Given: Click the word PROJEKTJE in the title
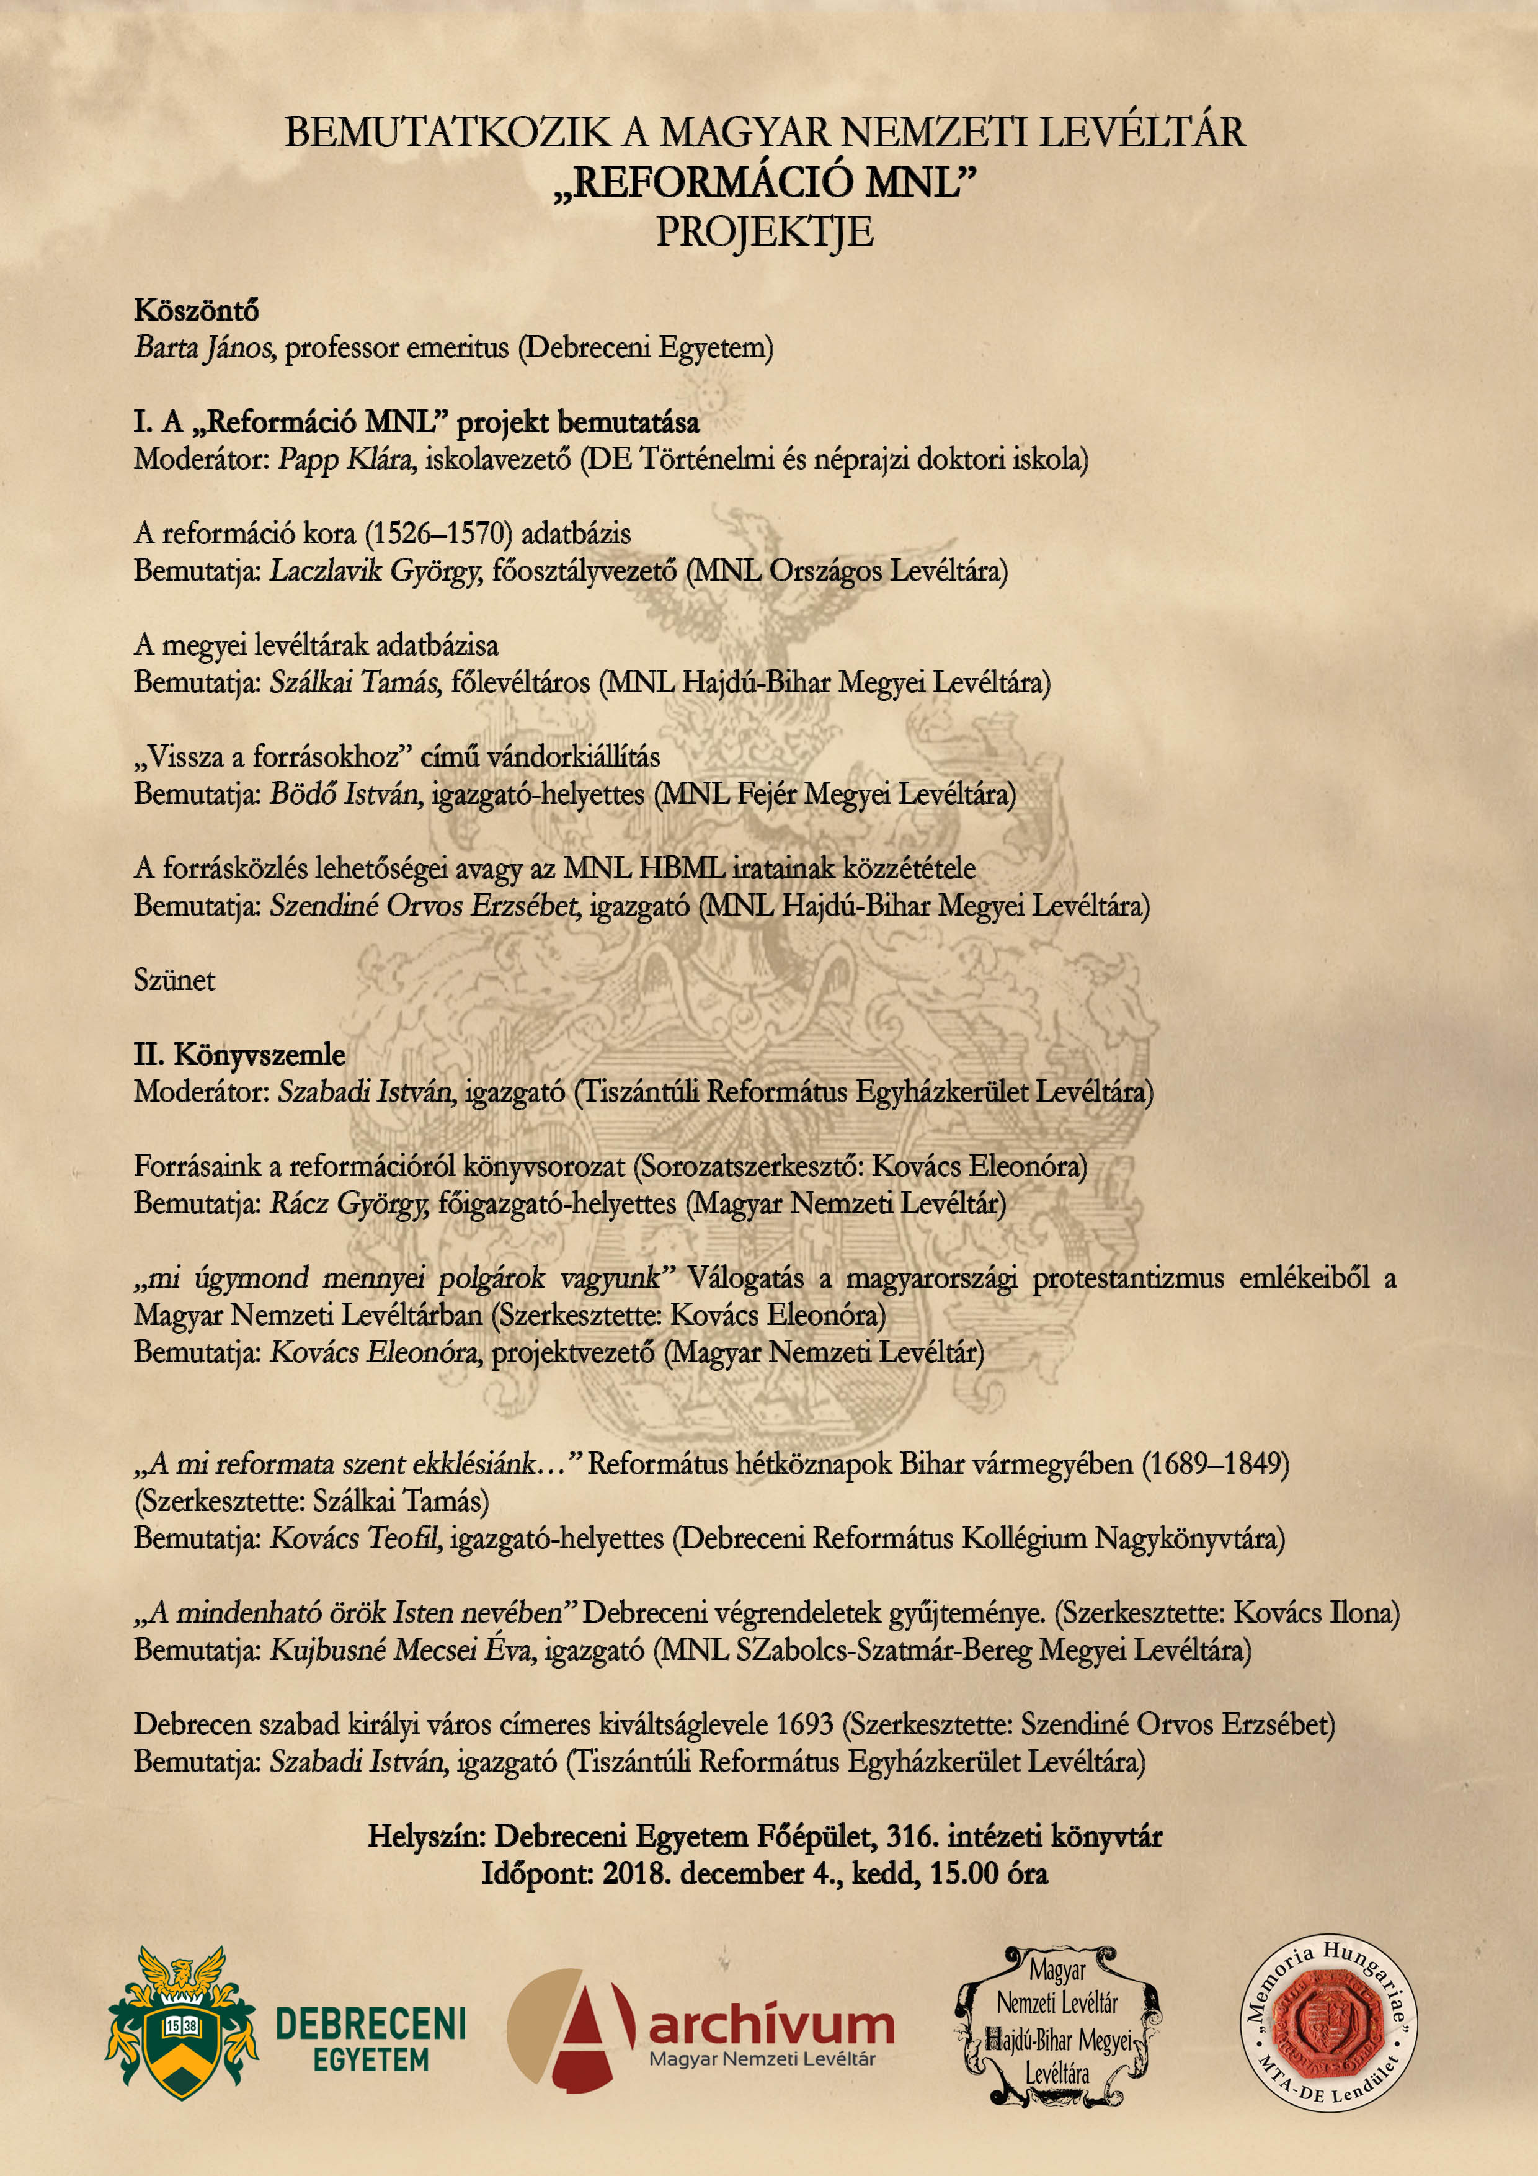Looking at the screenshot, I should [x=765, y=232].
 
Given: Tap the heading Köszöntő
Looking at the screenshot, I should [x=196, y=310].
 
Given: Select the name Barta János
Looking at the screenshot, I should [x=204, y=348].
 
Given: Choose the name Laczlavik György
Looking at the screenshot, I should [x=376, y=571].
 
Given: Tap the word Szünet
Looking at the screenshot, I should [x=174, y=980].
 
